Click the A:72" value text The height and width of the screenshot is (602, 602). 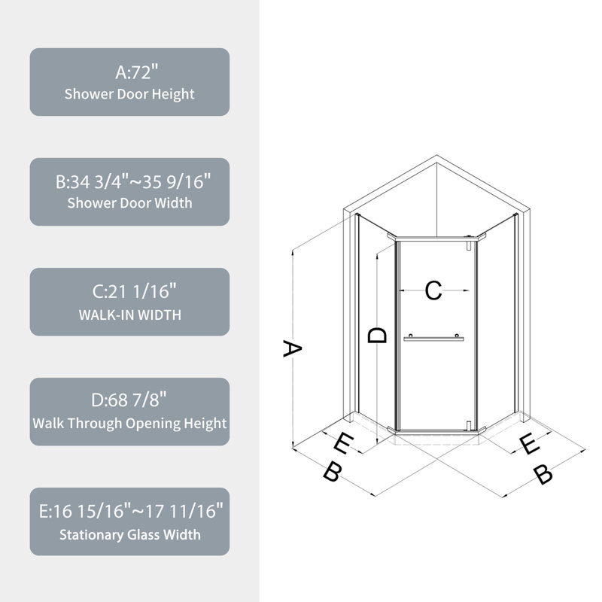(x=129, y=73)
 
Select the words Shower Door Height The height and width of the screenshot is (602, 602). (x=129, y=94)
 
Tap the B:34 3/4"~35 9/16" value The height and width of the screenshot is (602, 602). (x=129, y=182)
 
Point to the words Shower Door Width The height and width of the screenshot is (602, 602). (x=129, y=203)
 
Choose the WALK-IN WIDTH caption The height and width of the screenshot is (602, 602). (x=129, y=315)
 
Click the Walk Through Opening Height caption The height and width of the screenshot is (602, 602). (x=129, y=424)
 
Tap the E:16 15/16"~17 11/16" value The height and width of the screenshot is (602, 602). (x=129, y=512)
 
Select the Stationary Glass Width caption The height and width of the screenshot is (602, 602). (x=129, y=535)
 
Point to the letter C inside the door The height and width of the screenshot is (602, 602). (x=433, y=290)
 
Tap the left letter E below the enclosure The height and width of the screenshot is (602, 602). (x=342, y=444)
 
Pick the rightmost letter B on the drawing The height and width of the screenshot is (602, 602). (x=543, y=475)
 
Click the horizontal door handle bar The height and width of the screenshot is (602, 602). (x=433, y=339)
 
